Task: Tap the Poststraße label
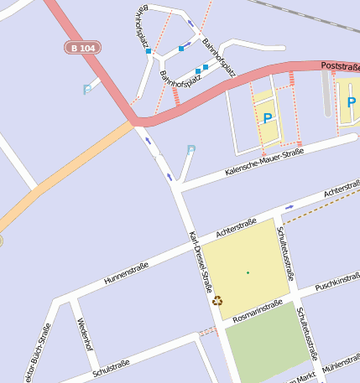340,66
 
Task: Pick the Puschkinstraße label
337,283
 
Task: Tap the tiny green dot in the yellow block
248,273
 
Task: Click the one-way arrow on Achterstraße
290,206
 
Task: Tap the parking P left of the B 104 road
86,90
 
